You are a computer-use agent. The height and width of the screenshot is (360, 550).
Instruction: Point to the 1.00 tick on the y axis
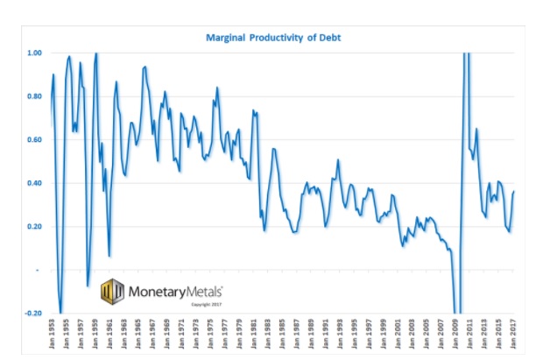click(35, 53)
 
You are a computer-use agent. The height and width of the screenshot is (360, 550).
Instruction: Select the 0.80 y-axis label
click(35, 96)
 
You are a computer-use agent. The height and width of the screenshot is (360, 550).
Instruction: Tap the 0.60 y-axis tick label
click(35, 140)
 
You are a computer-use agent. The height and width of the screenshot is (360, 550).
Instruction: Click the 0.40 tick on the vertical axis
click(35, 183)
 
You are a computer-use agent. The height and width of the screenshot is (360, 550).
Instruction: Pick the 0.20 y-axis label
click(35, 227)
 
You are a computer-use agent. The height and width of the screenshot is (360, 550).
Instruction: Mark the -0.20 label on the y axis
click(34, 314)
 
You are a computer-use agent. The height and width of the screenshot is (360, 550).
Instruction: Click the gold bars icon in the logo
click(112, 290)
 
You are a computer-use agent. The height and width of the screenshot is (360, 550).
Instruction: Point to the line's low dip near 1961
click(109, 256)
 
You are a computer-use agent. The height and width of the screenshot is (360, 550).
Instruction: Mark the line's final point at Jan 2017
click(513, 192)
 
